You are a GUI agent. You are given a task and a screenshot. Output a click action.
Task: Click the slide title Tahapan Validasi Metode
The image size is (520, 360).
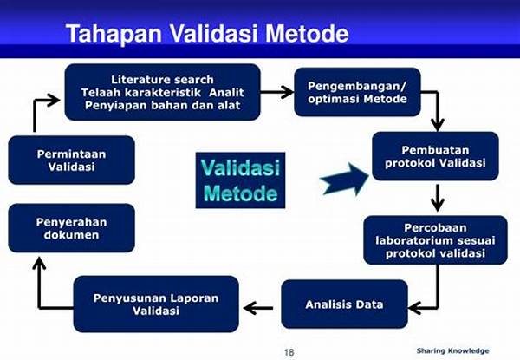coord(207,34)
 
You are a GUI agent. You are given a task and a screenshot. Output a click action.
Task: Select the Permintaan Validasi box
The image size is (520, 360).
coord(72,160)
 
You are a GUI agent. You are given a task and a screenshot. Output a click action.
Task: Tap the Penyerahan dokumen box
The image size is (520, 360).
coord(72,228)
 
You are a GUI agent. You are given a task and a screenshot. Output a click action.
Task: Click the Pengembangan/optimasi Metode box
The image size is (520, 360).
coord(357,92)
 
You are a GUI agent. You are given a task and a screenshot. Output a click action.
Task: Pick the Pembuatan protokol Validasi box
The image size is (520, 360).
coord(435,156)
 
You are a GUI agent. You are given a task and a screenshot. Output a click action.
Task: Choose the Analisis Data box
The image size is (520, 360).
coord(344,304)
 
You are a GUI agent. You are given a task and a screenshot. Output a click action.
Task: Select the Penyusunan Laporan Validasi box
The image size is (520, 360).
coord(156,304)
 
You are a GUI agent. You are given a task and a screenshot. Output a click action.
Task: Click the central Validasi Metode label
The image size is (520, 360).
coord(240,180)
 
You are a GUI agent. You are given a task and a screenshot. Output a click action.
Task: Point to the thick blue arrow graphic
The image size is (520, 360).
coord(344,180)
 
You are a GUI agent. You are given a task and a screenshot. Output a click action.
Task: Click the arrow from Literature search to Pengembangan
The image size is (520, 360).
coord(277,92)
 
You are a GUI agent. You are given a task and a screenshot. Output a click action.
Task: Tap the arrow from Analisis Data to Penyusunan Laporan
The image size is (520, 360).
coord(258,308)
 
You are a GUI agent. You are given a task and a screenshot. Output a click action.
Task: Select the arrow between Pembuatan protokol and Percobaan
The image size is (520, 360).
coord(438,198)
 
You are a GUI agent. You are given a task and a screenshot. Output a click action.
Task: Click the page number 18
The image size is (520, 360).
coord(289,352)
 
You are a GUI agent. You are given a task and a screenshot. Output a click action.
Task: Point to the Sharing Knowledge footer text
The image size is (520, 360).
coord(452,350)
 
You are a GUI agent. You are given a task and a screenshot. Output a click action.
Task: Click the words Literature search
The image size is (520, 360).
coord(162,80)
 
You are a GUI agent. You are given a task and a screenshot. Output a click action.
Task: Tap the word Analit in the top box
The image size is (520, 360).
coord(226,92)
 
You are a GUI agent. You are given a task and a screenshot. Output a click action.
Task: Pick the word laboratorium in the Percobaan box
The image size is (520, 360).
coord(414,240)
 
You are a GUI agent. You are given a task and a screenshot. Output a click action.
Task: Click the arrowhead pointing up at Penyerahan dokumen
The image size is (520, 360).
coord(39,263)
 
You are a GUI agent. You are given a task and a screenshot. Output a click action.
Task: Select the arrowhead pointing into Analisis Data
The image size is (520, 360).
coord(414,308)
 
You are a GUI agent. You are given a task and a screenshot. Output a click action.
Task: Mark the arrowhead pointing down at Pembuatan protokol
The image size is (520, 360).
coord(438,125)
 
